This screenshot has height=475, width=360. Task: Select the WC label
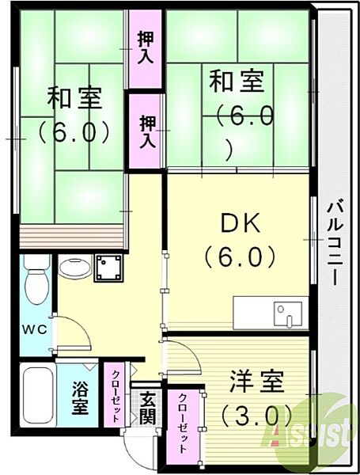32,328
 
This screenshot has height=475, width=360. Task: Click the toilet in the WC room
36,284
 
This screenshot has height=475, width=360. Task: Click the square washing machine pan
108,267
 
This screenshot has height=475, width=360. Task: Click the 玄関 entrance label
146,408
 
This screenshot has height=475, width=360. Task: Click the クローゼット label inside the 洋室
184,422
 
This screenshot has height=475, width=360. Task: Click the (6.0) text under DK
239,256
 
